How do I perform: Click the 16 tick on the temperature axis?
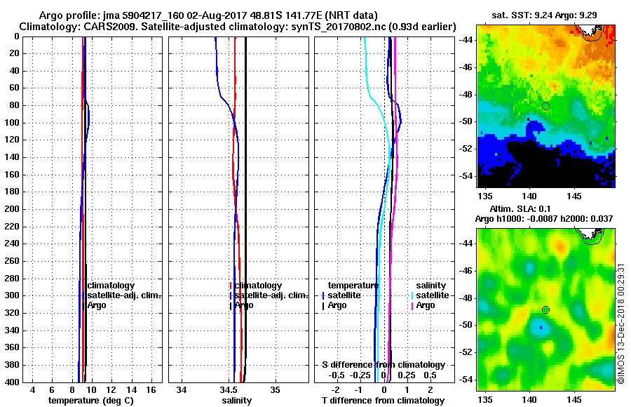pos(151,389)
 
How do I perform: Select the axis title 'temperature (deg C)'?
pos(90,400)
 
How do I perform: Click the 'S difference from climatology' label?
pos(384,365)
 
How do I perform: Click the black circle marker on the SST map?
pos(545,106)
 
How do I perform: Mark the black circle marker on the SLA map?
pos(545,310)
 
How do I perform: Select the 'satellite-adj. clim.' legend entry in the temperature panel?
pos(124,295)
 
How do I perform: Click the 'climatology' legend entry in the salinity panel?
pos(258,286)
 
